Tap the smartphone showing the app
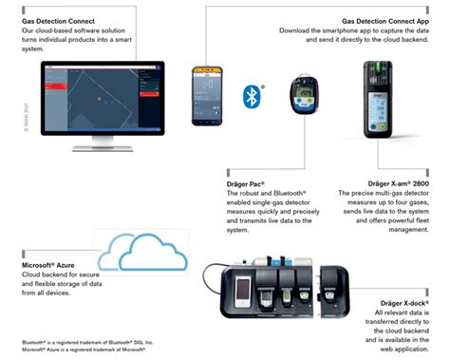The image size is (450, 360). click(207, 96)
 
